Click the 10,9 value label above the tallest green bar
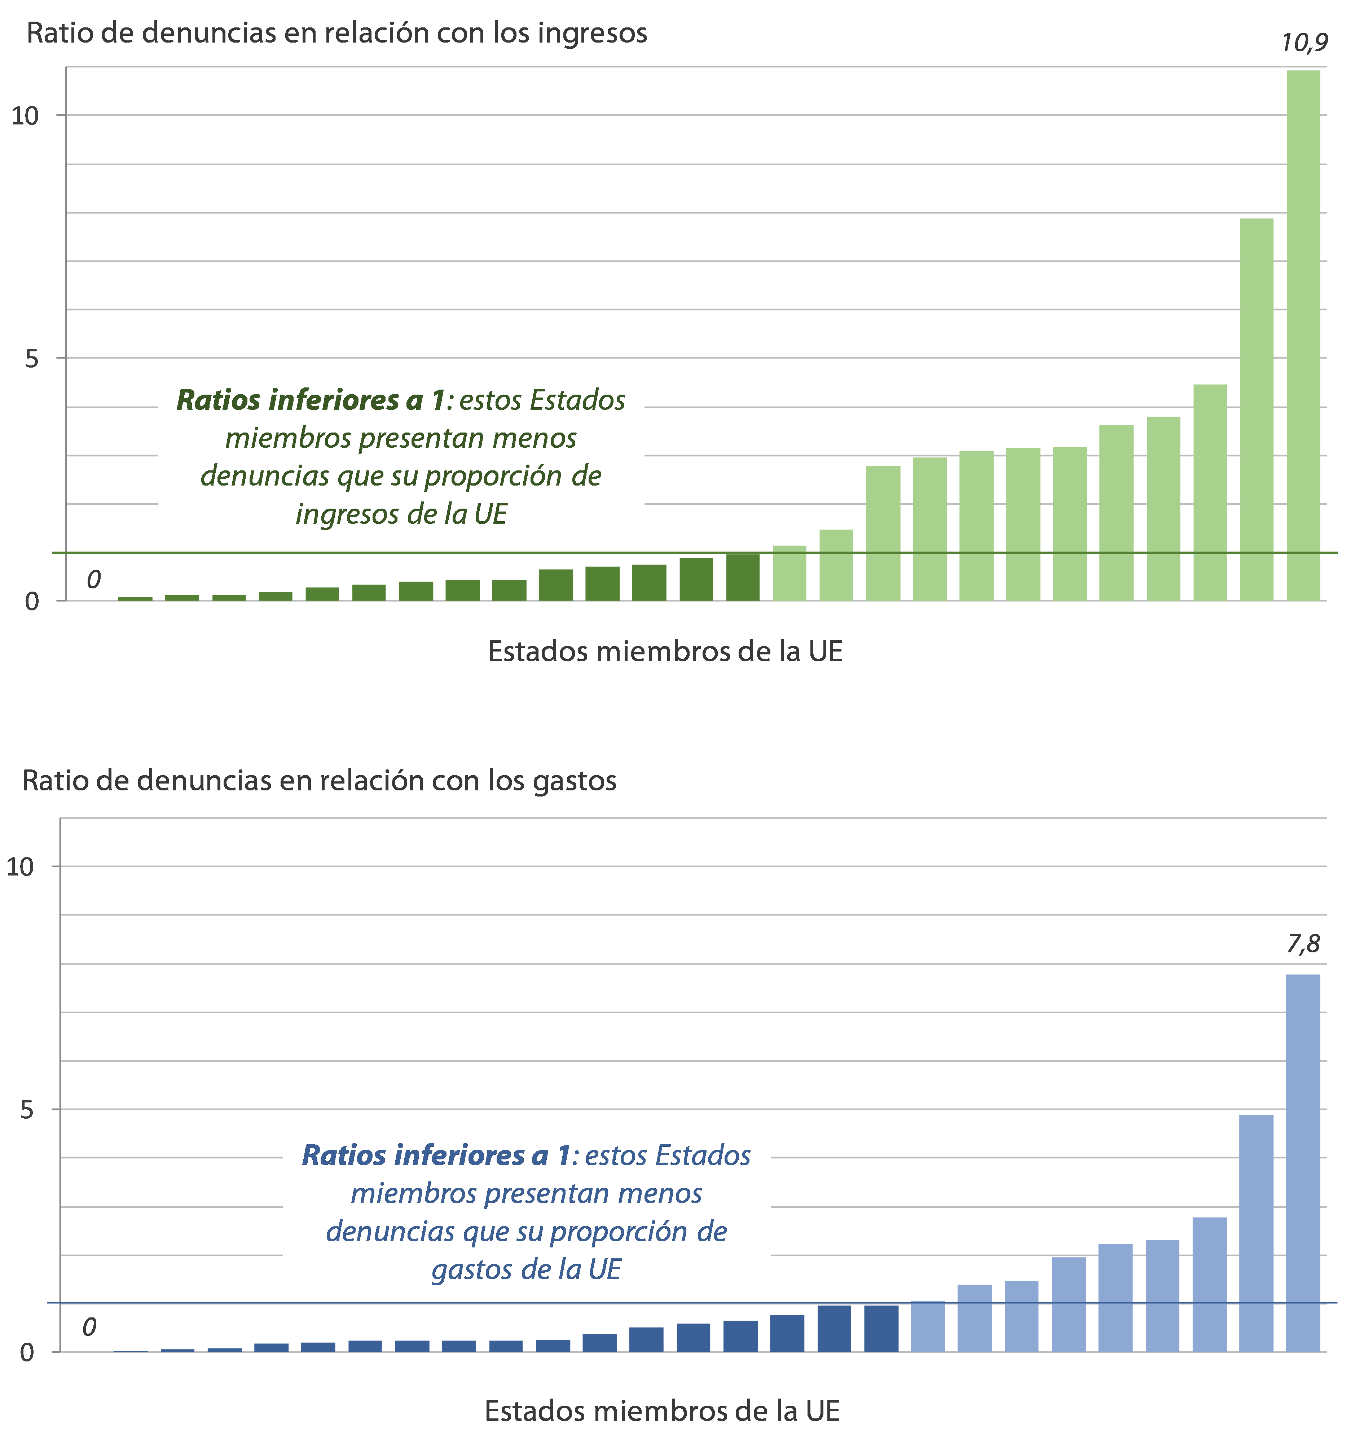pos(1304,44)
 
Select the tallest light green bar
pos(1303,335)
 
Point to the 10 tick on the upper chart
pos(25,116)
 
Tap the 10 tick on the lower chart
pos(21,867)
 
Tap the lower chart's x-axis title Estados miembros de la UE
pos(662,1412)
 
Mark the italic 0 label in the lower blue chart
pos(89,1328)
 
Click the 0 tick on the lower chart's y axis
pos(27,1352)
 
